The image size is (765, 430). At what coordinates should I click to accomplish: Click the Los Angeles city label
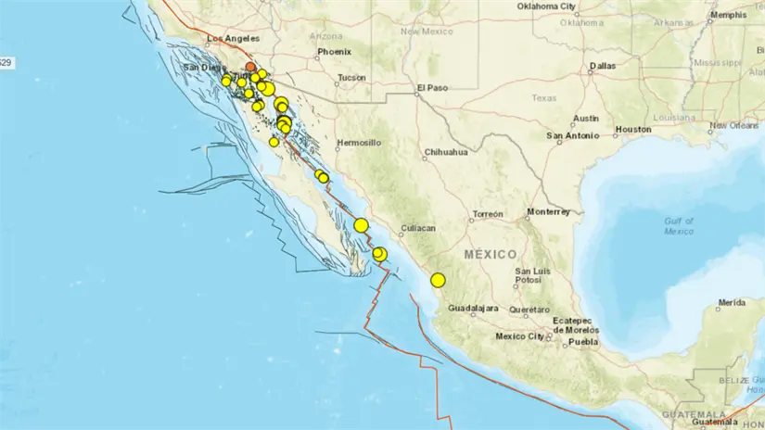230,39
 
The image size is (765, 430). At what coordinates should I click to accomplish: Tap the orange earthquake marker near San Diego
250,67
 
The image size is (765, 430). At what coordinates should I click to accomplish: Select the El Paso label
432,88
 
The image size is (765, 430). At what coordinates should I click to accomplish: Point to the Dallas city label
602,66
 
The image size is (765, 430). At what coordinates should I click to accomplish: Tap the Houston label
634,130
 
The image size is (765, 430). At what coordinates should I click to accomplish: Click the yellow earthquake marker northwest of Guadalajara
438,280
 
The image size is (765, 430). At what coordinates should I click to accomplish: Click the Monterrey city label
548,211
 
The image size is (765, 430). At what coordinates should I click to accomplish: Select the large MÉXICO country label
491,254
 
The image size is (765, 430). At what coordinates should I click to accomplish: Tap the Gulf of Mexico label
679,225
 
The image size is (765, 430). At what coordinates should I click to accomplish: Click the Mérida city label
731,302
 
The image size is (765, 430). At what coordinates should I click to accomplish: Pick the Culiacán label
417,226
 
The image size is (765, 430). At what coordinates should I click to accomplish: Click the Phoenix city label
334,52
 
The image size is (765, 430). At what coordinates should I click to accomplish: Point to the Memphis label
728,15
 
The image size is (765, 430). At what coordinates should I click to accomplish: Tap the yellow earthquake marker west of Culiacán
361,224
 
